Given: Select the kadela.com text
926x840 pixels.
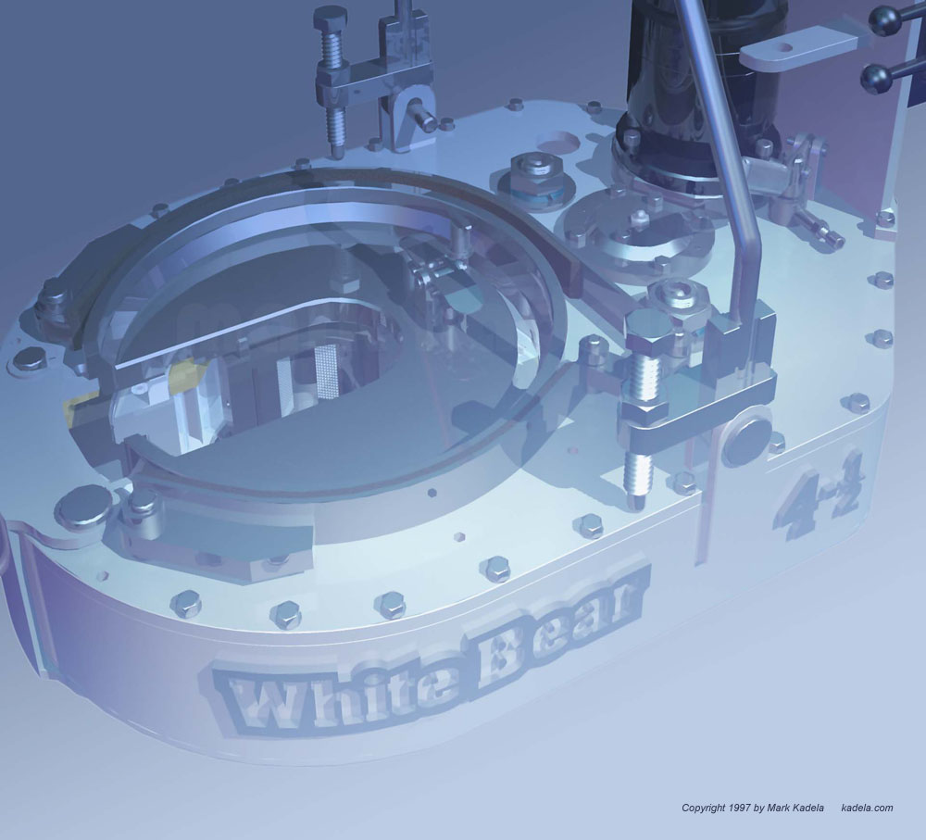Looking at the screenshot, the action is [867, 808].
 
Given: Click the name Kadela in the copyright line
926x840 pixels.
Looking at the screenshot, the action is [808, 808].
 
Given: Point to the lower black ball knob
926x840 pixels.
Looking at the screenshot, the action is [876, 79].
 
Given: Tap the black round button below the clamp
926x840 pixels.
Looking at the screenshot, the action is [746, 441].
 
